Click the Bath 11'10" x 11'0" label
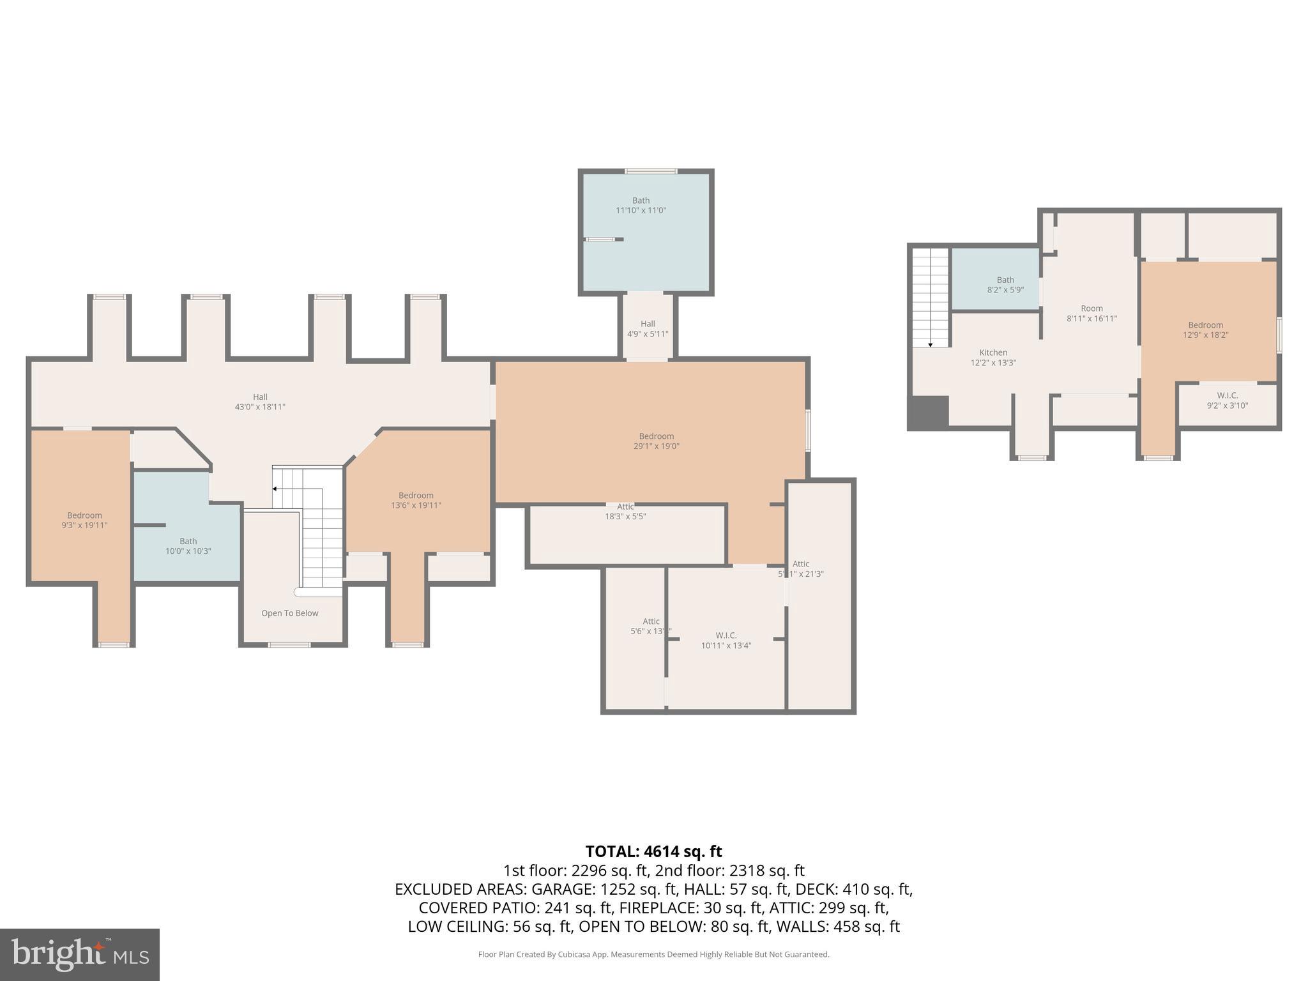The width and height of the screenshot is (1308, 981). coord(641,206)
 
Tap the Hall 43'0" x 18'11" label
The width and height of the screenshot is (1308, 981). coord(260,402)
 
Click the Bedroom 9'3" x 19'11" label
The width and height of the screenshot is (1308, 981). coord(84,521)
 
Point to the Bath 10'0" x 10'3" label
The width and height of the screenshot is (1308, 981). coord(188,546)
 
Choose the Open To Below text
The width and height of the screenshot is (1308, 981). coord(289,613)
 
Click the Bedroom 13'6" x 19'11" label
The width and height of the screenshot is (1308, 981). coord(416,500)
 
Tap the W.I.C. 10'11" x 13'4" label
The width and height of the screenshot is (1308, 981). coord(726,641)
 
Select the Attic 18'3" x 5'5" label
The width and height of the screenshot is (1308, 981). coord(625,512)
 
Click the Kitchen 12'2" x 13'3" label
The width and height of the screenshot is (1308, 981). coord(993,358)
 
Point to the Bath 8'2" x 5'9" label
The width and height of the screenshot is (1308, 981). coord(1005,285)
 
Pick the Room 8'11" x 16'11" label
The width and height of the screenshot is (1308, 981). coord(1091,314)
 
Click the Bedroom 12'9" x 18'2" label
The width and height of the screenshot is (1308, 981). coord(1205,330)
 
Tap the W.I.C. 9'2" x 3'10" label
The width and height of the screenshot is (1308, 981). coord(1227,400)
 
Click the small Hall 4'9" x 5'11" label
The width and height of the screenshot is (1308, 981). coord(648,329)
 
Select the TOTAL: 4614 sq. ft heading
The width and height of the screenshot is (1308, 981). coord(653,851)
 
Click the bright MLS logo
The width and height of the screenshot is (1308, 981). coord(80,954)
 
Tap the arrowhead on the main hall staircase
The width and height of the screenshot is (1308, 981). coord(275,489)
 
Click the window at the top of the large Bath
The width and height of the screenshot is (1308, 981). coord(651,171)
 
